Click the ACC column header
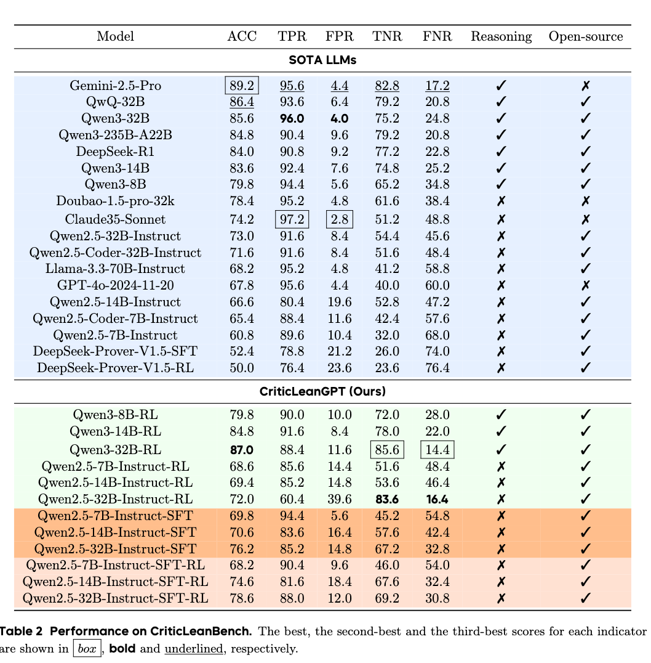pyautogui.click(x=242, y=36)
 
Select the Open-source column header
pyautogui.click(x=585, y=36)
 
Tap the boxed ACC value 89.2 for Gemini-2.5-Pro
pyautogui.click(x=242, y=85)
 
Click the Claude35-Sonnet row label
pyautogui.click(x=115, y=219)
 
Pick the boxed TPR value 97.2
pyautogui.click(x=292, y=219)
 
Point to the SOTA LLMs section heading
pyautogui.click(x=322, y=60)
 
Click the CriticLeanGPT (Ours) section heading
pyautogui.click(x=323, y=391)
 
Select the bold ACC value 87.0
pyautogui.click(x=242, y=450)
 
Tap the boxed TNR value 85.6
pyautogui.click(x=387, y=450)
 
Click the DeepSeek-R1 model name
pyautogui.click(x=115, y=152)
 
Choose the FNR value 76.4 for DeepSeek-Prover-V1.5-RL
pyautogui.click(x=437, y=368)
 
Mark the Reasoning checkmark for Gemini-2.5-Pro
pyautogui.click(x=501, y=86)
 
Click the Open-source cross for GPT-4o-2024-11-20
pyautogui.click(x=586, y=285)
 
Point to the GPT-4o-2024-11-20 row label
pyautogui.click(x=115, y=285)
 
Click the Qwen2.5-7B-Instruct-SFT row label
pyautogui.click(x=116, y=516)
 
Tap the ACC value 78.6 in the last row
pyautogui.click(x=242, y=598)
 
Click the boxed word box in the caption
pyautogui.click(x=86, y=648)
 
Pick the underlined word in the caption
pyautogui.click(x=189, y=648)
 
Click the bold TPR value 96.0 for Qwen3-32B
pyautogui.click(x=292, y=119)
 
